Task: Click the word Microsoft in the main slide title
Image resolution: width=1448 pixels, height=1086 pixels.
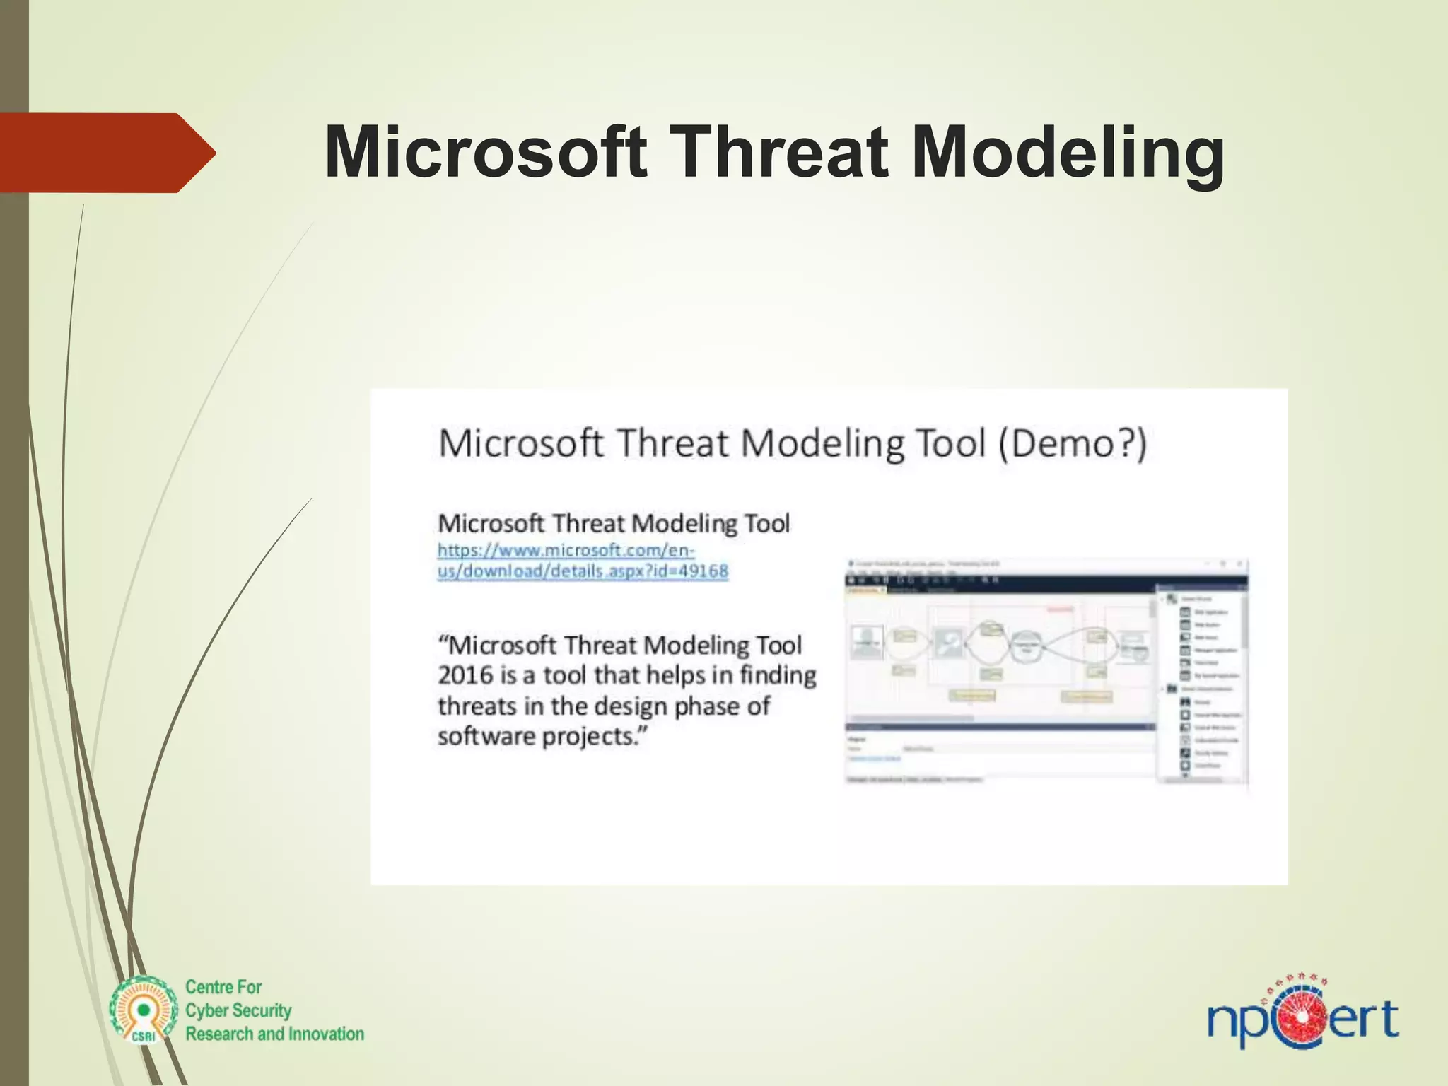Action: coord(485,153)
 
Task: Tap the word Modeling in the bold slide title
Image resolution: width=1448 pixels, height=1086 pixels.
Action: coord(1068,153)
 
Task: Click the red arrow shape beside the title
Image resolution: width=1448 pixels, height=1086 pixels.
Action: coord(106,153)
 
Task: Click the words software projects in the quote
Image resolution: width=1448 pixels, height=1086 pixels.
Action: coord(542,737)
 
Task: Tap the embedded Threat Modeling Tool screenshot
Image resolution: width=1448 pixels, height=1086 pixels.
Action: coord(1046,672)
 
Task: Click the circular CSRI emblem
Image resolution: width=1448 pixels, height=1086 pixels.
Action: coord(144,1010)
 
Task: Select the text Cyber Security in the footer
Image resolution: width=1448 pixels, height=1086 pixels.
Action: coord(238,1010)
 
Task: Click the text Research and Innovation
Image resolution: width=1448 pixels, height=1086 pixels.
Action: coord(274,1034)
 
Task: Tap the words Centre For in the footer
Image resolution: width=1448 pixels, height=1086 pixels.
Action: coord(223,987)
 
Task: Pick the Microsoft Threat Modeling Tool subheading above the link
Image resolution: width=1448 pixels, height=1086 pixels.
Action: coord(614,524)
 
